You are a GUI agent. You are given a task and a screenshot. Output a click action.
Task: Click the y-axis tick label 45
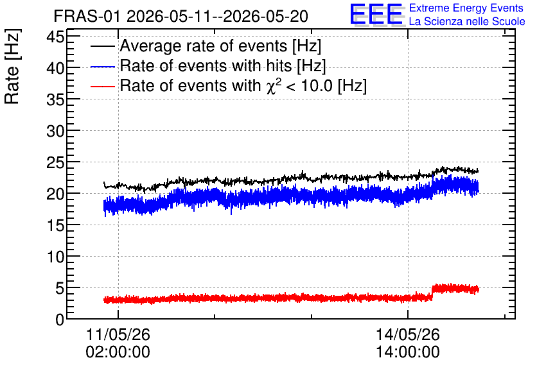pos(55,37)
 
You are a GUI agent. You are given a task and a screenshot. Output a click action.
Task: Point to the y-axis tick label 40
pos(55,68)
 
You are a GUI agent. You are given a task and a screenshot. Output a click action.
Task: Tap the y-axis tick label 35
pos(55,99)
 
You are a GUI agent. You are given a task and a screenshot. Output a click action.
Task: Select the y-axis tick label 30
pos(55,131)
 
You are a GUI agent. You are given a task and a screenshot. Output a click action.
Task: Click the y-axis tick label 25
pos(55,163)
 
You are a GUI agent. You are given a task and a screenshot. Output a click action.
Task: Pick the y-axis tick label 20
pos(55,194)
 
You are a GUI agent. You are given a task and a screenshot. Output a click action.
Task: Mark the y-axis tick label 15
pos(55,226)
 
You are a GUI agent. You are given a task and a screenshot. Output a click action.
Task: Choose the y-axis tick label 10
pos(55,257)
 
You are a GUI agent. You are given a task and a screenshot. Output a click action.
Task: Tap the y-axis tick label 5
pos(60,289)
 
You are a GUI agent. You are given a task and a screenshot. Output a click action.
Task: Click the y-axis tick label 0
pos(60,320)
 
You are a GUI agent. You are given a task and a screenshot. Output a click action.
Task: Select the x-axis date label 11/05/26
pos(118,334)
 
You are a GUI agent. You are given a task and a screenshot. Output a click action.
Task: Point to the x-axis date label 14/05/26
pos(408,334)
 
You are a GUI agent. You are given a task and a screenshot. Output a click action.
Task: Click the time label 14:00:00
pos(408,352)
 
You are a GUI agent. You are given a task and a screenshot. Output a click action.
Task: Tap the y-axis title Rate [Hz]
pos(12,66)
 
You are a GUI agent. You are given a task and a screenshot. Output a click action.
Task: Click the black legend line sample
pos(103,46)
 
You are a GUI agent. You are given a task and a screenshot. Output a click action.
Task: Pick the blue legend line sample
pos(103,67)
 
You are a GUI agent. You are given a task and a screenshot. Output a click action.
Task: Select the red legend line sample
pos(103,87)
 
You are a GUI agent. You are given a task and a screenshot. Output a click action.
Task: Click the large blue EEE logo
pos(376,15)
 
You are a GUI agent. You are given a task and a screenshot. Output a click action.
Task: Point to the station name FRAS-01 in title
pos(87,17)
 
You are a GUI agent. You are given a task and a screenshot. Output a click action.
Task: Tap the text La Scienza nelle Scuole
pos(467,21)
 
